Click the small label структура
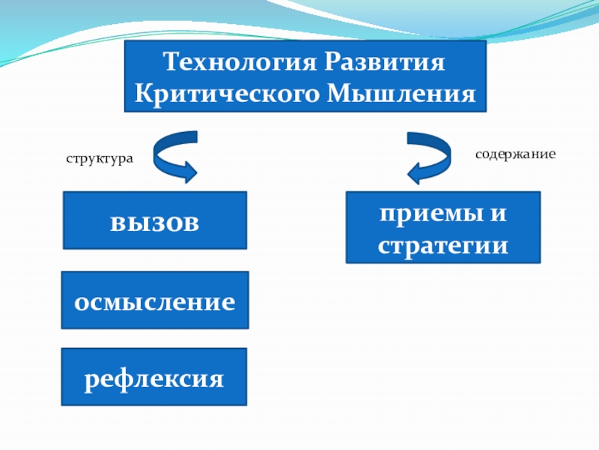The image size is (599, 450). click(x=100, y=159)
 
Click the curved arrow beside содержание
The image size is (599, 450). click(x=428, y=156)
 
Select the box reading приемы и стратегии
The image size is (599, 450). click(x=443, y=226)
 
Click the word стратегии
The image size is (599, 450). click(x=443, y=244)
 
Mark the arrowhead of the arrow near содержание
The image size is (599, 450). click(x=414, y=175)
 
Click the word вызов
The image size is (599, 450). click(x=154, y=222)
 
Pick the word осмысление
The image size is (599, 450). click(x=154, y=302)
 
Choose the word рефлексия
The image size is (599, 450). click(x=154, y=378)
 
